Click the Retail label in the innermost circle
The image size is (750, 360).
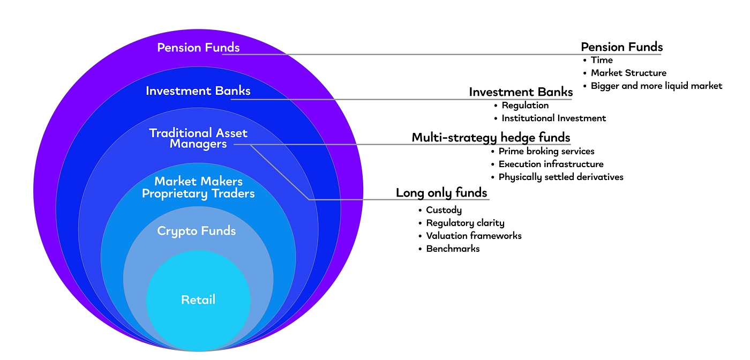198,299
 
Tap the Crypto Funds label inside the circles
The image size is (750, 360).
197,231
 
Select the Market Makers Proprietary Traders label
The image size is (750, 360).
198,187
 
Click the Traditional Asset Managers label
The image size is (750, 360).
198,138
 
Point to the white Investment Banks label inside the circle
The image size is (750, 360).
198,91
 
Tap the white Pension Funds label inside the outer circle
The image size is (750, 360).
199,48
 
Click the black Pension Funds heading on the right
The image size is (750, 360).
622,47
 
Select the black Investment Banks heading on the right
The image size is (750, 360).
521,92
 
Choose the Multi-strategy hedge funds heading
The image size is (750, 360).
491,138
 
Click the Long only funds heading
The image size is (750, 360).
441,193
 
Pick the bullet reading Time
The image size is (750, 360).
602,60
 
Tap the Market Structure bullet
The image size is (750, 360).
628,73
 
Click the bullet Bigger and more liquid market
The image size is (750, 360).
657,86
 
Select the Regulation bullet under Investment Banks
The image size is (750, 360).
525,106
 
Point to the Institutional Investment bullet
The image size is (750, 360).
554,118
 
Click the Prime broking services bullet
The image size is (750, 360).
546,152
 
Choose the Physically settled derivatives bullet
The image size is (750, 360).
561,177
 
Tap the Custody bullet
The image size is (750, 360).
444,210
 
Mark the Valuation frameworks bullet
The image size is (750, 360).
474,236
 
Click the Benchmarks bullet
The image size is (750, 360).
453,249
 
